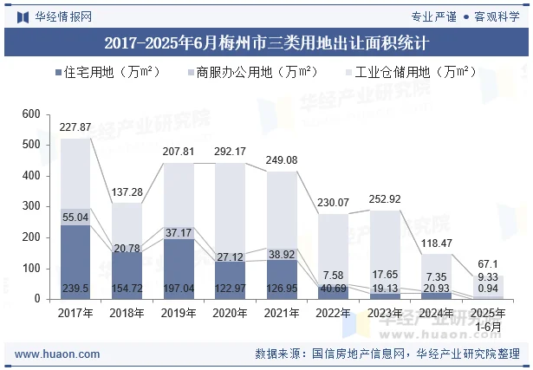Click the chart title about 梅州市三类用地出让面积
pyautogui.click(x=266, y=41)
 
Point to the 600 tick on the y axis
pyautogui.click(x=31, y=114)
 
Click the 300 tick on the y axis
pyautogui.click(x=31, y=207)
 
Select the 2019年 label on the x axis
pyautogui.click(x=179, y=313)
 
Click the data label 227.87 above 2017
pyautogui.click(x=75, y=127)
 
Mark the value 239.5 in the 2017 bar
pyautogui.click(x=75, y=288)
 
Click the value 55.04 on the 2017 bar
pyautogui.click(x=75, y=217)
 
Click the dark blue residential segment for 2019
pyautogui.click(x=179, y=260)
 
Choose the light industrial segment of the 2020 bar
pyautogui.click(x=231, y=208)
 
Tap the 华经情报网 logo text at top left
pyautogui.click(x=62, y=16)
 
